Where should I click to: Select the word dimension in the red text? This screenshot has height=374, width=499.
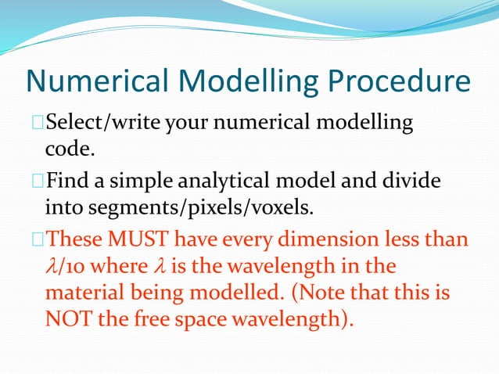pyautogui.click(x=337, y=242)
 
